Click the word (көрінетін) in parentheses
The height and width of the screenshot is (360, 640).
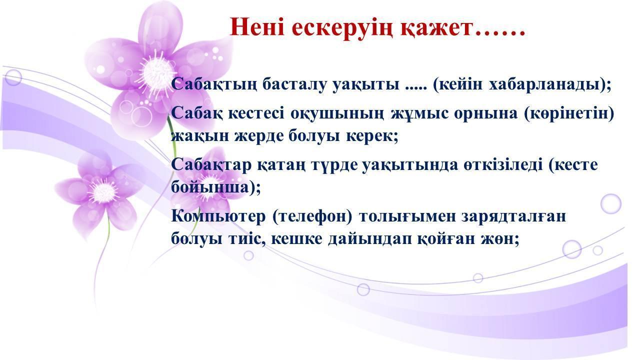(x=569, y=113)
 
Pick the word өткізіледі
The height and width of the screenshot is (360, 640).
(x=503, y=164)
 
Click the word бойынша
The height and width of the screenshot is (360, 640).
(x=210, y=187)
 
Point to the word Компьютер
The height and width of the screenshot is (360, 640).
(x=218, y=216)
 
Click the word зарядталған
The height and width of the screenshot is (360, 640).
(x=513, y=216)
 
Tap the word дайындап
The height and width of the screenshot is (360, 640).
(x=370, y=239)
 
